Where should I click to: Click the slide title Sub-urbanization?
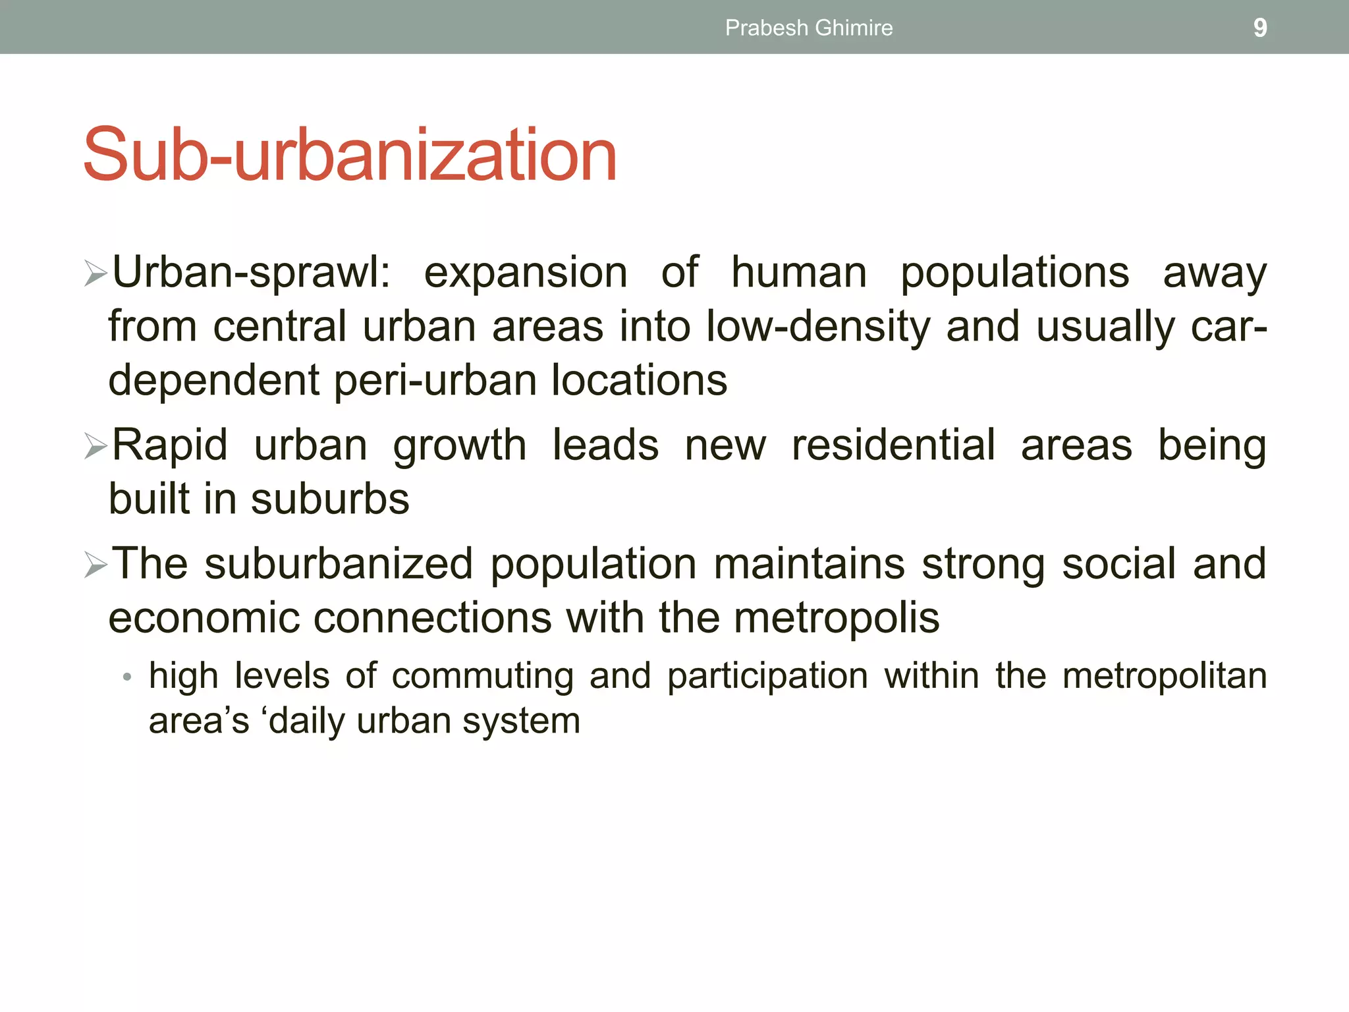pos(350,155)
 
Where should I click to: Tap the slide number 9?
pos(1259,28)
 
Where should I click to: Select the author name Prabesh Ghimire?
pos(809,28)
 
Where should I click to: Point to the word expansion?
pos(526,273)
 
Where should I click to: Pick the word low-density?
pos(817,327)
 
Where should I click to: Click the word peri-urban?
pos(435,381)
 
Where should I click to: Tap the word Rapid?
pos(170,445)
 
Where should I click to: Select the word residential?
pos(893,445)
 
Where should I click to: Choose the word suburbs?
pos(330,499)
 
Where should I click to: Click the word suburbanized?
pos(339,564)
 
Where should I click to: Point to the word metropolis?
pos(837,618)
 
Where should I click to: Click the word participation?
pos(767,677)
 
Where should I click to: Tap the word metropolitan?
pos(1165,677)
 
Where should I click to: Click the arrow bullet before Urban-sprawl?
pos(96,273)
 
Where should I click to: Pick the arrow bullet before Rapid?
pos(96,446)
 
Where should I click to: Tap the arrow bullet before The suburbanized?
pos(96,565)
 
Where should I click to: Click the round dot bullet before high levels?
pos(127,677)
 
